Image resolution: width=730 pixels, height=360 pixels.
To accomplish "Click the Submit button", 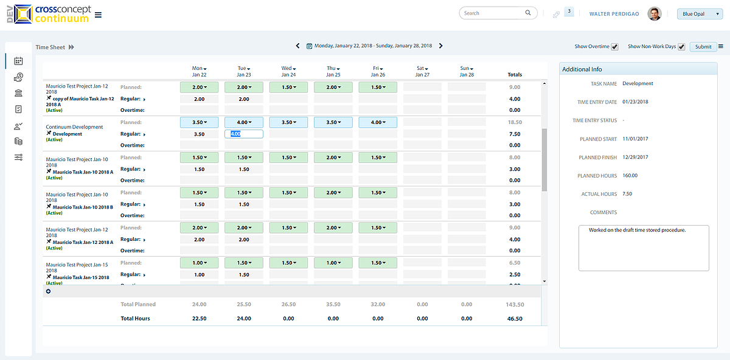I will pos(703,47).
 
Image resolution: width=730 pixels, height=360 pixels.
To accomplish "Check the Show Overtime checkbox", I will pos(615,47).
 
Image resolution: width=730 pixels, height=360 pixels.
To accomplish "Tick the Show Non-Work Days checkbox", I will pos(681,47).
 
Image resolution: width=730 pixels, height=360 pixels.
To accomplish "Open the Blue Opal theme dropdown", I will pos(700,13).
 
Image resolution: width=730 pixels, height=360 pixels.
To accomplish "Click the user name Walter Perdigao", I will pos(614,13).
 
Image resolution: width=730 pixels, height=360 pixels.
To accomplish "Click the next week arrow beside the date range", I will pos(441,46).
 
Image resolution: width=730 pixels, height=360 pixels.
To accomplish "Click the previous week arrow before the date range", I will pos(297,46).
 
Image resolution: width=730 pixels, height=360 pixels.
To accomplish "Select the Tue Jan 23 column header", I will pos(243,71).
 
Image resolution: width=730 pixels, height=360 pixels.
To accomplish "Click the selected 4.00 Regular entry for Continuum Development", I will pos(243,134).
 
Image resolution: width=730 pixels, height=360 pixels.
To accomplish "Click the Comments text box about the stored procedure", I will pos(644,247).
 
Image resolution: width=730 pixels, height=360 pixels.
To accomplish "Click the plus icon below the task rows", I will pos(49,291).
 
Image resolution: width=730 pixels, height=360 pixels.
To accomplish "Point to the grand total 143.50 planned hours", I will pos(514,304).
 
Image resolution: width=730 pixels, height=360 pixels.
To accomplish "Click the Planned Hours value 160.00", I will pos(630,176).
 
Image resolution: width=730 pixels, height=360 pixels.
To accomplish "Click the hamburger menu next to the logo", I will pos(99,15).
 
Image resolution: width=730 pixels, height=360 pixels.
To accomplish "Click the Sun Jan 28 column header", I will pos(467,71).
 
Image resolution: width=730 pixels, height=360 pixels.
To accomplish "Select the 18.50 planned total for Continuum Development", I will pos(514,122).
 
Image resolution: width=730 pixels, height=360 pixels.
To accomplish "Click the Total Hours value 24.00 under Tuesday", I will pos(243,318).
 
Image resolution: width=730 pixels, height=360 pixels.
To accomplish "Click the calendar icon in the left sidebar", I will pos(18,61).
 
